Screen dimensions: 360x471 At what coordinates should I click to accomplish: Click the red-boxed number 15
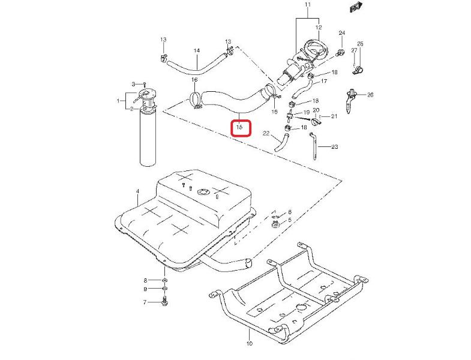(x=240, y=127)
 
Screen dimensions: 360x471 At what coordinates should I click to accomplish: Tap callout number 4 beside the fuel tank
(x=137, y=191)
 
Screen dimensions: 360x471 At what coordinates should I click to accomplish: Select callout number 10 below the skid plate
(x=250, y=344)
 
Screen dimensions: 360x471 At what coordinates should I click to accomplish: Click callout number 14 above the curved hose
(x=196, y=50)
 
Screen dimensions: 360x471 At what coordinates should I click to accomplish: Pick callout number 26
(x=370, y=94)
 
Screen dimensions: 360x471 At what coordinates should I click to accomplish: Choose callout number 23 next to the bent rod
(x=335, y=146)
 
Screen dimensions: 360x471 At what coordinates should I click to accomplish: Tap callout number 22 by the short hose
(x=266, y=134)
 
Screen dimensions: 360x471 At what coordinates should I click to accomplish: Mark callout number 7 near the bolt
(x=145, y=302)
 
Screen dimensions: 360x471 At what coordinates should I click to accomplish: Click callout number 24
(x=341, y=32)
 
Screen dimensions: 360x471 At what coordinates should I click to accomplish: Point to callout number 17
(x=323, y=81)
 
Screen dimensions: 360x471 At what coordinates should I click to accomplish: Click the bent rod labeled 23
(x=314, y=148)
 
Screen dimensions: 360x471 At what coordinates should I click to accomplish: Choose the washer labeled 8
(x=164, y=280)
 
